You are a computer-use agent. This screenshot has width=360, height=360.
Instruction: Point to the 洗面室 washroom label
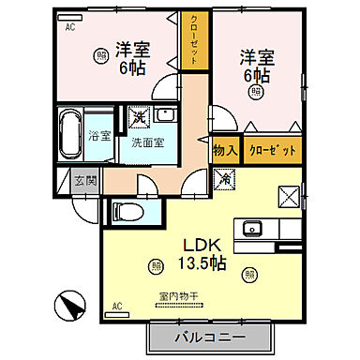click(147, 142)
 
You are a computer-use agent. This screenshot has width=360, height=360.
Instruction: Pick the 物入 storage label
click(224, 150)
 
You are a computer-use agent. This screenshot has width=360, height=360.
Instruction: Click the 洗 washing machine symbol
click(138, 118)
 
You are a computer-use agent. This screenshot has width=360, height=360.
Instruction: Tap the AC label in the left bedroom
click(69, 27)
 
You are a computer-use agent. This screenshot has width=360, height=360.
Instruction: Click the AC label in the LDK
click(117, 306)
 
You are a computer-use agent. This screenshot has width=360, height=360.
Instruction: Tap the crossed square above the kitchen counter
click(288, 197)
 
